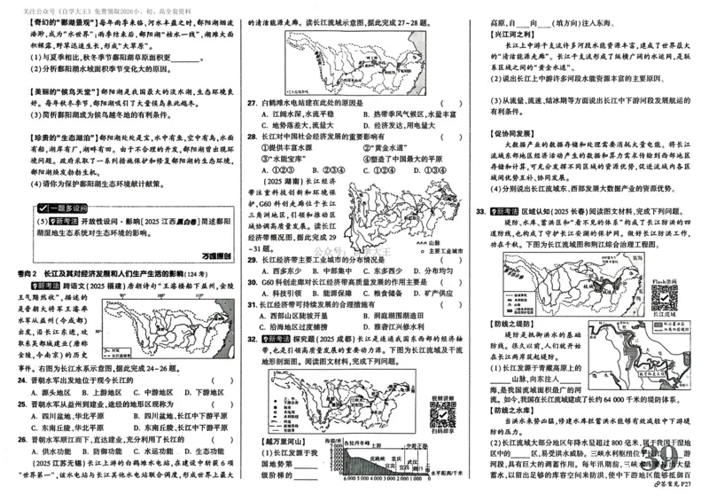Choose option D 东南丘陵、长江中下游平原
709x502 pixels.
pyautogui.click(x=174, y=425)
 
